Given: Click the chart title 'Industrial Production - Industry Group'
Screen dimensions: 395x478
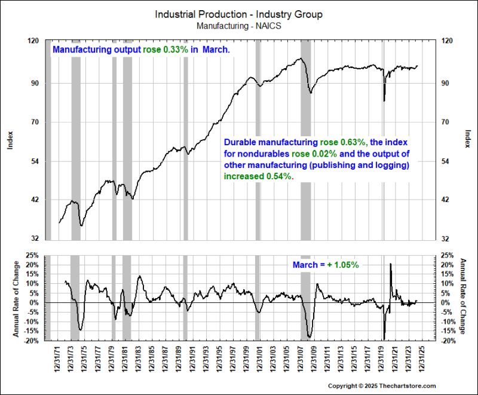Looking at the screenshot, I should (238, 13).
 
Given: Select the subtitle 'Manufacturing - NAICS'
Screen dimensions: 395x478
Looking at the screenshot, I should (238, 26).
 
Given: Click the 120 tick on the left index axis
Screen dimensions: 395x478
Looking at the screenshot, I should (33, 41).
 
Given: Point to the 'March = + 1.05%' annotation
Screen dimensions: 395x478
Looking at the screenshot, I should (325, 265).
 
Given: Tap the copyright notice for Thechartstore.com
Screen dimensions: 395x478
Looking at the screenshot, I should (382, 386).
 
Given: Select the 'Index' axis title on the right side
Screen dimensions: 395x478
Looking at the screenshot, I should (467, 139).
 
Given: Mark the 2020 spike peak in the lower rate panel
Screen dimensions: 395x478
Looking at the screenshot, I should (390, 264).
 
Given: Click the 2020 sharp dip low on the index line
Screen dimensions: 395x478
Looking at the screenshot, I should (384, 100).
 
